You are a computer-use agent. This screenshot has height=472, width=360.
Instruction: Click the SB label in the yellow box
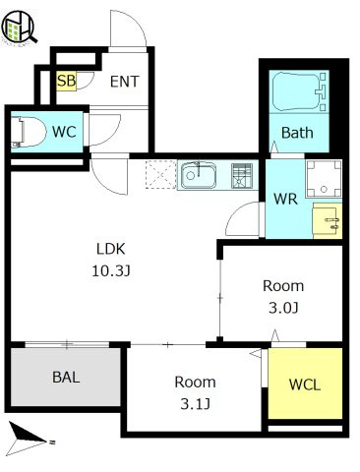66,81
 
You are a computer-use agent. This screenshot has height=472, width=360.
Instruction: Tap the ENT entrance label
125,82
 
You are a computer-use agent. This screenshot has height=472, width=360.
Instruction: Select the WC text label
64,132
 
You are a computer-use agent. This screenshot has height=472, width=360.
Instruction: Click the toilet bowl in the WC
28,132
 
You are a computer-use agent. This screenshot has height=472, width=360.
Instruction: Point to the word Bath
297,133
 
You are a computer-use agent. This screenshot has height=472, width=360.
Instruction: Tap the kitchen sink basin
199,175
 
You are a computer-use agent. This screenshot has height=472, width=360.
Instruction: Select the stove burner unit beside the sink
242,175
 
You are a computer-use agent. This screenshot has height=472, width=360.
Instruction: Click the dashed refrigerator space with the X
160,175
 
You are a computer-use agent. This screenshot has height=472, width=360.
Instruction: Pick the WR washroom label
285,199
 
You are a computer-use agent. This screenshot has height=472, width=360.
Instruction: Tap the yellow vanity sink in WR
328,220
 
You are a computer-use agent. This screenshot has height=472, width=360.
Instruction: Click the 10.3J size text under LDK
111,270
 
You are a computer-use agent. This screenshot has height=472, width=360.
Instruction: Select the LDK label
111,249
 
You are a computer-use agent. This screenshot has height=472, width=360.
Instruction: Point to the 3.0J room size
283,308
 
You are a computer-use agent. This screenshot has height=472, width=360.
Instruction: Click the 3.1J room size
195,404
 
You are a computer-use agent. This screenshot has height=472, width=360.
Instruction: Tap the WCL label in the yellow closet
305,384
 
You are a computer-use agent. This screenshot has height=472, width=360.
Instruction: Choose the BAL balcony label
66,378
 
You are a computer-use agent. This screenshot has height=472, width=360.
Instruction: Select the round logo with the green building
19,27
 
